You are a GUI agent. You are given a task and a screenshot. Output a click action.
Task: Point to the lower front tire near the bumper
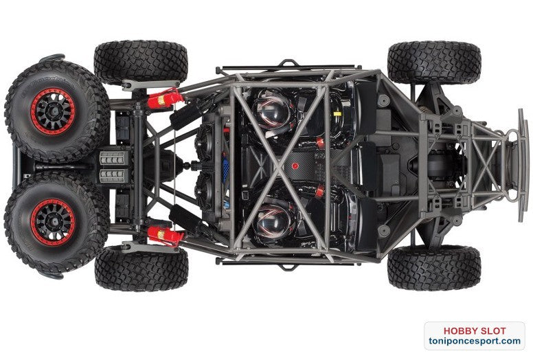coord(433,268)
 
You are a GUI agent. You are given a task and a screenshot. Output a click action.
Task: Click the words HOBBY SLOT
coord(474,330)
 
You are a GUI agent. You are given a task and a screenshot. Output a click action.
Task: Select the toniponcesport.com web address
coord(474,341)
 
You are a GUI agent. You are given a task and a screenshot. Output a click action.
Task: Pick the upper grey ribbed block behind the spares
coord(113,157)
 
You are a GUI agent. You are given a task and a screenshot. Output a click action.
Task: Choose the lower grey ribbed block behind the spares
coord(113,176)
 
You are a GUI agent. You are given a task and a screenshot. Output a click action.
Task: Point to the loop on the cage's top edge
coord(288,63)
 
